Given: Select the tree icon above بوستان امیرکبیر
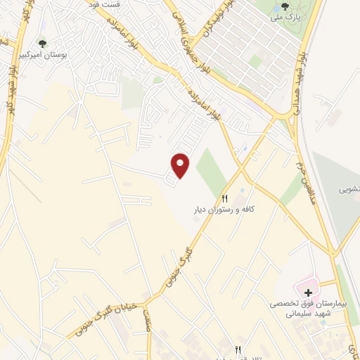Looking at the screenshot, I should click(44, 43).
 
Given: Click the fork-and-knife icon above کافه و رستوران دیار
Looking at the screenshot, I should click(225, 198).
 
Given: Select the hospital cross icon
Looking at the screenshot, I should click(308, 292).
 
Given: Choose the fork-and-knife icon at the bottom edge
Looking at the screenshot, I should click(238, 349).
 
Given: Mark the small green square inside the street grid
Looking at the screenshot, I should click(256, 62).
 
